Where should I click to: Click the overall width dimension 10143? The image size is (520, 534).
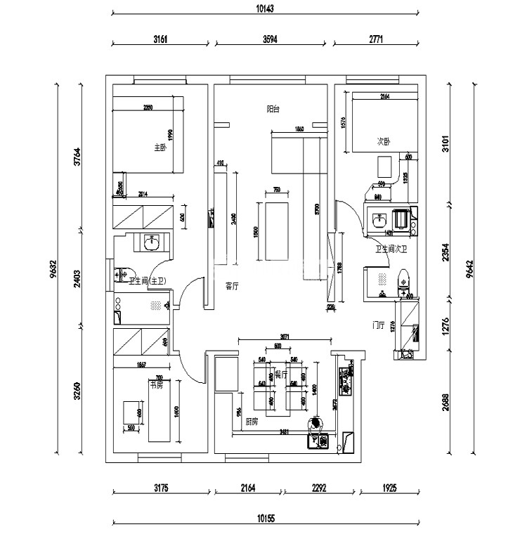pos(265,8)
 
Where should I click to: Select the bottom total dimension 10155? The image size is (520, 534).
pos(265,518)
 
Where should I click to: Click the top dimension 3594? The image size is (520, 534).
pos(270,40)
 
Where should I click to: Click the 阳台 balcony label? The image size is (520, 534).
pos(273,109)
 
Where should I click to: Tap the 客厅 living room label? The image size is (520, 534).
pos(231,286)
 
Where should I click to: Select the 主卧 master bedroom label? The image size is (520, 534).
pos(160,148)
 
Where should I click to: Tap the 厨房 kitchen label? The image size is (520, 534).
pos(252,422)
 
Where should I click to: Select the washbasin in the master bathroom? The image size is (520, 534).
pos(152,243)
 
